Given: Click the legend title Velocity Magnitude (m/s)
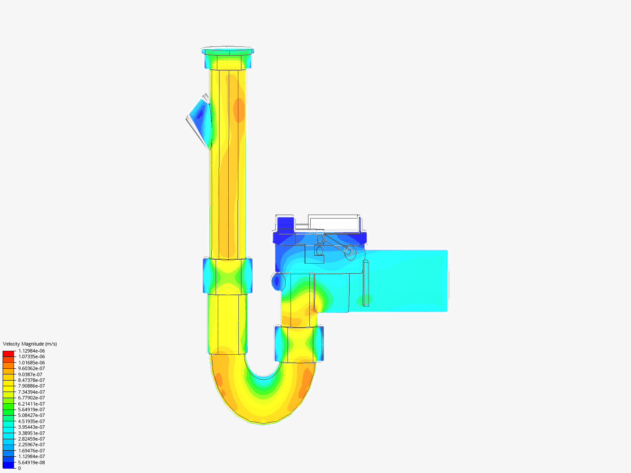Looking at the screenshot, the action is tap(30, 344).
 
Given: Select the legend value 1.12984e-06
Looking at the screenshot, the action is tap(32, 351).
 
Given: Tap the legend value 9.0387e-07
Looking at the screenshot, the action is tap(30, 374).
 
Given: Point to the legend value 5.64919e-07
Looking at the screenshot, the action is tap(32, 409).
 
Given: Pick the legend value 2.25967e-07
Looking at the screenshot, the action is tap(32, 445).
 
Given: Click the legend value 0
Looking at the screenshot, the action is tap(19, 468).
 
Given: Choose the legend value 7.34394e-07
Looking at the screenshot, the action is tap(32, 392).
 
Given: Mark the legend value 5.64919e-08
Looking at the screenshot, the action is tap(32, 462).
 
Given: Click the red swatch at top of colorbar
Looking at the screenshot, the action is tap(8, 353).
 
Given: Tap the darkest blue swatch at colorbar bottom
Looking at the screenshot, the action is tap(8, 465).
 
